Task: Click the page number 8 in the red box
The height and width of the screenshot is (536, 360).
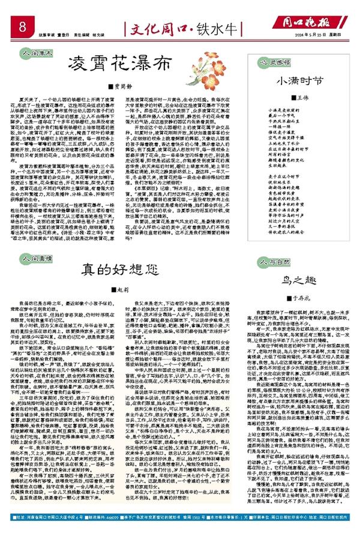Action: click(22, 27)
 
